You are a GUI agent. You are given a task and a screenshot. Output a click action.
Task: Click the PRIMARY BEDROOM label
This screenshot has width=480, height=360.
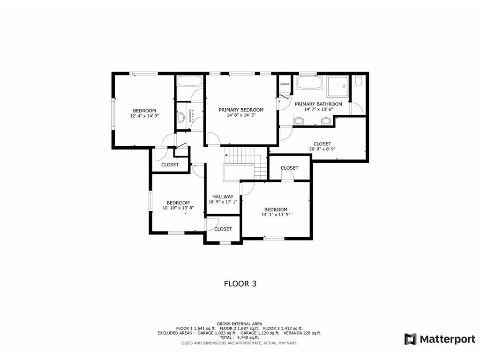click(241, 110)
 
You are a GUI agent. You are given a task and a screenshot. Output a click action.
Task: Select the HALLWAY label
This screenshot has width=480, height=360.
click(223, 196)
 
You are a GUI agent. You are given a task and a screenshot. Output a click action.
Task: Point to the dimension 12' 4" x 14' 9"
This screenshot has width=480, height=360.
click(144, 116)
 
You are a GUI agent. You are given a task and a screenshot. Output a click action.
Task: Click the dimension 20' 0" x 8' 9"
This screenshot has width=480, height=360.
click(322, 150)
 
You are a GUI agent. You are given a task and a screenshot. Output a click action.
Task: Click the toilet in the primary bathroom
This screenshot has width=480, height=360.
click(359, 82)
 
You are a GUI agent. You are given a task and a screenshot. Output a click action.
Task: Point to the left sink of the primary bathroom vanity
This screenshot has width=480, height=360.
click(298, 121)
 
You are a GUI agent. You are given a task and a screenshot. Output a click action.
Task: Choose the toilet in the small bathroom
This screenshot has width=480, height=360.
click(180, 118)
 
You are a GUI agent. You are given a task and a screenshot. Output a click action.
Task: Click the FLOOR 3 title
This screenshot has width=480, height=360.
click(240, 284)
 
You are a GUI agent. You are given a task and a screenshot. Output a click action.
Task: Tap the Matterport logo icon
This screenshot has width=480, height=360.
click(411, 339)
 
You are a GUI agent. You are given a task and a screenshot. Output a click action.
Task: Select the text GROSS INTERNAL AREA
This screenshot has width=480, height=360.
click(240, 323)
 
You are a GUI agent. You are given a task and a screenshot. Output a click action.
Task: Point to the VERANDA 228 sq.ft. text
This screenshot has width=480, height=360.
click(301, 333)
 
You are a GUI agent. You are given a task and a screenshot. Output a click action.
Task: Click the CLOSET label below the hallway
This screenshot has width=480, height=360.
click(223, 229)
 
